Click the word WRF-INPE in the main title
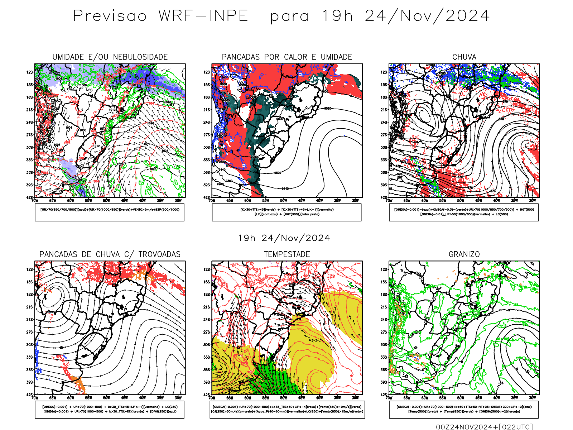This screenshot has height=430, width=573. point(203,16)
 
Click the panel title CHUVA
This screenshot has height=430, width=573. point(464,57)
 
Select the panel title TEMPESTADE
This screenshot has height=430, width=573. point(287,254)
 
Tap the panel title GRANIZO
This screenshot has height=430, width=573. point(464,254)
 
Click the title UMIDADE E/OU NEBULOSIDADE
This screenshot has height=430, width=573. point(110,57)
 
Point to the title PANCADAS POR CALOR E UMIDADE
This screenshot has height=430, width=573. point(287,57)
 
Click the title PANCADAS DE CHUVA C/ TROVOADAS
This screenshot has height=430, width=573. point(110,254)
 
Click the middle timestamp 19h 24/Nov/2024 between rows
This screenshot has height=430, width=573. point(284,238)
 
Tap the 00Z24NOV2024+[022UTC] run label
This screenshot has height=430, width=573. point(484,427)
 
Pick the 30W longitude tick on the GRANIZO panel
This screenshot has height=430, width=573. point(533,398)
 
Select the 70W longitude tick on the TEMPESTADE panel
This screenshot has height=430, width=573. point(212,398)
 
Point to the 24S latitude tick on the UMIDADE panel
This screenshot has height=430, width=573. point(29,122)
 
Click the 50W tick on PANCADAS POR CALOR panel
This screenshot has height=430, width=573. point(284,201)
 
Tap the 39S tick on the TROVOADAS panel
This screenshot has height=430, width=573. point(29,382)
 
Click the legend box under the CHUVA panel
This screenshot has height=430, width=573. point(464,212)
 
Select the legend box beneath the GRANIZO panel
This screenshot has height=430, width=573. point(464,409)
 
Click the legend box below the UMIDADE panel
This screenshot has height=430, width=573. point(110,212)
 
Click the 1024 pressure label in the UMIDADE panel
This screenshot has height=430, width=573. point(164,151)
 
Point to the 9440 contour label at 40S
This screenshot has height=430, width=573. point(285,188)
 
